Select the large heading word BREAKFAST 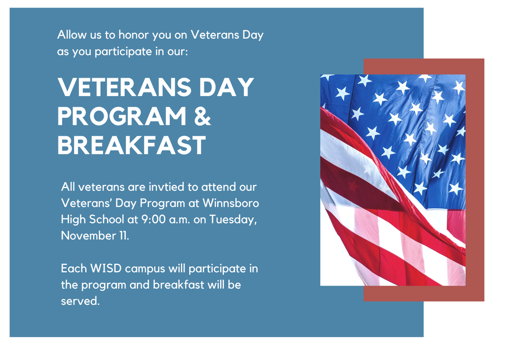pyautogui.click(x=131, y=145)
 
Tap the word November pyautogui.click(x=88, y=236)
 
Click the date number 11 pyautogui.click(x=123, y=236)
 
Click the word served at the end pyautogui.click(x=79, y=301)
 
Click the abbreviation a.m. pyautogui.click(x=180, y=220)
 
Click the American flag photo pyautogui.click(x=392, y=180)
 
